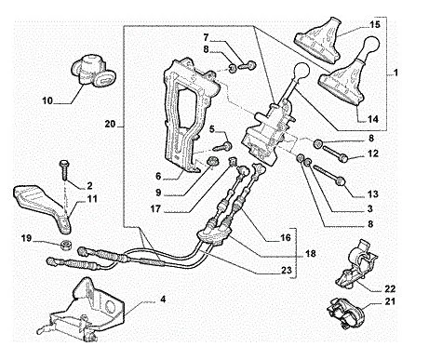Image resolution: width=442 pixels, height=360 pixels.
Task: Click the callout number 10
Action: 47,100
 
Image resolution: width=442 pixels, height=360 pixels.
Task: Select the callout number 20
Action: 110,124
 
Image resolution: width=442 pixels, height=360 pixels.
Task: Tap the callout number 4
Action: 163,300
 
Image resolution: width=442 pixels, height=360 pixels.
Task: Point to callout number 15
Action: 375,24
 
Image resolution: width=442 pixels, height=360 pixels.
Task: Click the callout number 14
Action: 373,119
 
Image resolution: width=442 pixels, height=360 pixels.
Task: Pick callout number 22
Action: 390,288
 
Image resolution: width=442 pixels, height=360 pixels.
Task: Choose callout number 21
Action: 391,301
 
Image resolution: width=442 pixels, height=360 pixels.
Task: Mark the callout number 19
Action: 27,238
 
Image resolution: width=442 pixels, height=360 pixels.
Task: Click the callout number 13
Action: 373,193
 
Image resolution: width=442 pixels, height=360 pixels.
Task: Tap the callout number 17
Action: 155,209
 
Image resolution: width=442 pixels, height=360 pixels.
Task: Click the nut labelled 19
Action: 66,245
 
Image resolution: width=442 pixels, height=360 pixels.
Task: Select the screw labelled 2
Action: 65,170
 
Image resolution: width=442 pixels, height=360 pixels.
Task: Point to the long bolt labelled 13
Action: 329,175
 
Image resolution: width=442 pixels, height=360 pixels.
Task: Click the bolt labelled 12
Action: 336,154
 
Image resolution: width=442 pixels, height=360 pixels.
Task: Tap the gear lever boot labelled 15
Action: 319,39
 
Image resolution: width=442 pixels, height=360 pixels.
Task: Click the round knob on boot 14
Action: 371,46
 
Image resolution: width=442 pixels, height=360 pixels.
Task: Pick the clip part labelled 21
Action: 346,311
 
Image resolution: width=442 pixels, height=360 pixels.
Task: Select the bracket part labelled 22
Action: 357,263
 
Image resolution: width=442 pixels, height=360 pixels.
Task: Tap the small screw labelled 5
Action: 226,146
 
